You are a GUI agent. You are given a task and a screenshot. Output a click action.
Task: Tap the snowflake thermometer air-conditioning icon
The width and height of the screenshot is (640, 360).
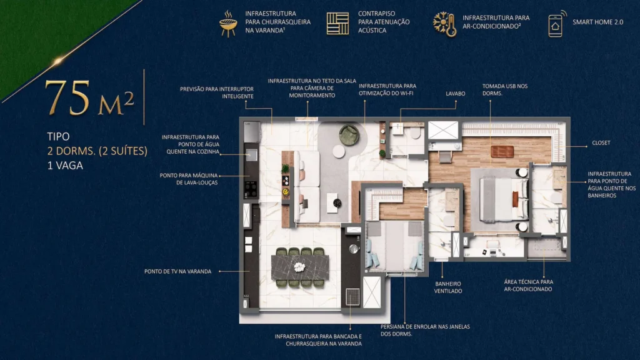(x=444, y=23)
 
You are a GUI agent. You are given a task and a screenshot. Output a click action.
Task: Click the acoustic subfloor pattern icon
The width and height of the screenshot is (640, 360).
(x=338, y=23)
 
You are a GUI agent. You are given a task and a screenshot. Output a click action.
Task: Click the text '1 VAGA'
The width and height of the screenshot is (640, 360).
(x=65, y=166)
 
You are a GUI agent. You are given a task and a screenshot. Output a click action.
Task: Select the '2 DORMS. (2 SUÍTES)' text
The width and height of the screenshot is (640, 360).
(x=97, y=151)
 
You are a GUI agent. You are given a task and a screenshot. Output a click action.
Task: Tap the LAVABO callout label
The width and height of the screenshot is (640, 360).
(x=456, y=93)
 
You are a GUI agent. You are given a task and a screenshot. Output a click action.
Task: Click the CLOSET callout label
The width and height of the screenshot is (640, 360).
(x=601, y=143)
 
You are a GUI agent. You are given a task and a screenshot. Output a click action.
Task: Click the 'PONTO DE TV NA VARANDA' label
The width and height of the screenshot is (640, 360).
(x=177, y=271)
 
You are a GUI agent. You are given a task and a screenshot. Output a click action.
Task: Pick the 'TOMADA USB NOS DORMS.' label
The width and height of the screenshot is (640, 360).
(x=505, y=89)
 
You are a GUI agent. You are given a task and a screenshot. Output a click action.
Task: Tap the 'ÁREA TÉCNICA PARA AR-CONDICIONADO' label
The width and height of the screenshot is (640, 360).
(x=529, y=286)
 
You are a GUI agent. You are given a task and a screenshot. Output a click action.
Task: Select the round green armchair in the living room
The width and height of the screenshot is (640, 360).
(x=349, y=134)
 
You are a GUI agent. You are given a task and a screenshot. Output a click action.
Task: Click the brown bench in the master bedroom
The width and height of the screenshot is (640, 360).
(x=502, y=151)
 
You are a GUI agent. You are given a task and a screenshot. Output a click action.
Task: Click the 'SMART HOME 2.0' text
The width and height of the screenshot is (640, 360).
(x=598, y=22)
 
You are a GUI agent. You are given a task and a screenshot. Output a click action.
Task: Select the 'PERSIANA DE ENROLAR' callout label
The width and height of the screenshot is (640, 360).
(x=424, y=330)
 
